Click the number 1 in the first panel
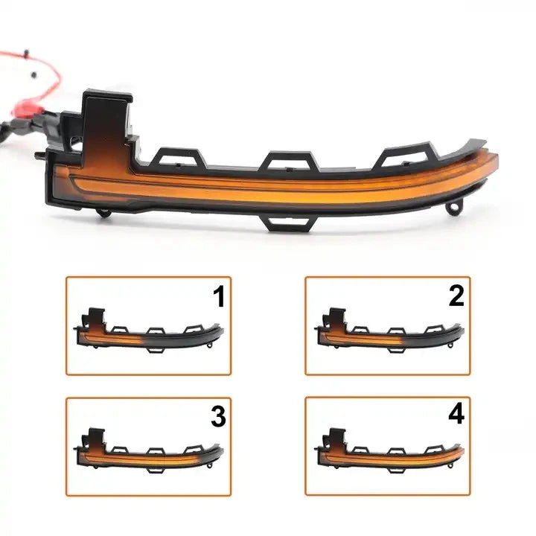pyautogui.click(x=219, y=296)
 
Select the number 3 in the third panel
pyautogui.click(x=218, y=416)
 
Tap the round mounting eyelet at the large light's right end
pyautogui.click(x=453, y=208)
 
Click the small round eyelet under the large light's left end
pyautogui.click(x=103, y=213)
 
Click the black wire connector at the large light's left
pyautogui.click(x=48, y=124)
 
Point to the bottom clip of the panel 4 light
pyautogui.click(x=397, y=470)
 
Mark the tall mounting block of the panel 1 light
pyautogui.click(x=96, y=319)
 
